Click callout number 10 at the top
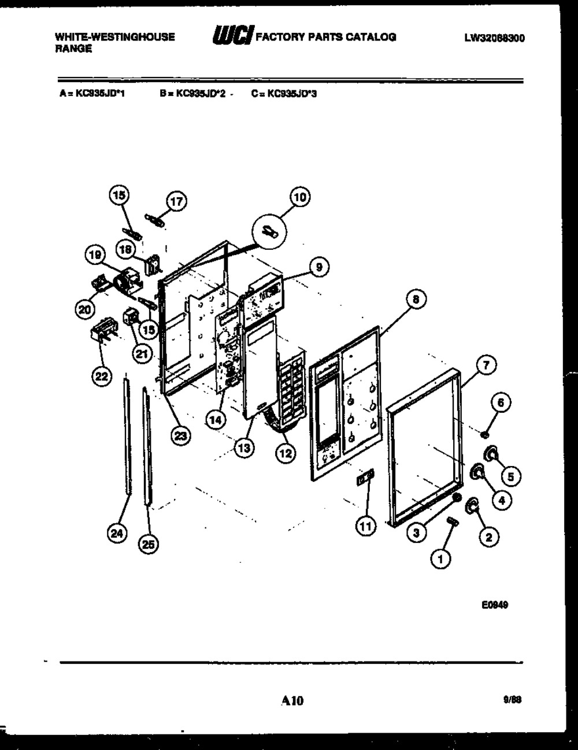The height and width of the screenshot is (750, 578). [299, 197]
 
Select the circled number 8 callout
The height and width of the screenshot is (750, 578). [416, 299]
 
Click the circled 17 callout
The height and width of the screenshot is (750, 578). [175, 202]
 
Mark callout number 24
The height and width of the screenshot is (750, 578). [117, 535]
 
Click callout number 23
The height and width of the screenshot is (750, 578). [181, 437]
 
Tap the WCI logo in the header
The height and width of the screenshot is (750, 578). [233, 36]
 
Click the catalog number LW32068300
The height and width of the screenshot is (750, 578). [494, 39]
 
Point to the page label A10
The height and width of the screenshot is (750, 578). [292, 701]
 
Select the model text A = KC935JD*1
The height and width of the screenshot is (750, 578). [92, 93]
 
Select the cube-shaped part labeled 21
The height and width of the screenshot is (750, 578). [131, 316]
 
